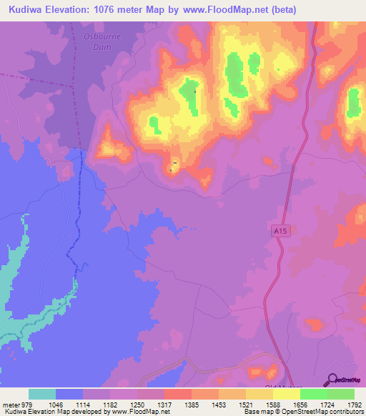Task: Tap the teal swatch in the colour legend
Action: click(x=41, y=394)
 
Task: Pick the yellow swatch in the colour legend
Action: click(x=286, y=394)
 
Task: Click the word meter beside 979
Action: click(x=12, y=405)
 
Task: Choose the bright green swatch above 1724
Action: click(x=313, y=394)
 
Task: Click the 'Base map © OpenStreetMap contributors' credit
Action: click(x=303, y=412)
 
